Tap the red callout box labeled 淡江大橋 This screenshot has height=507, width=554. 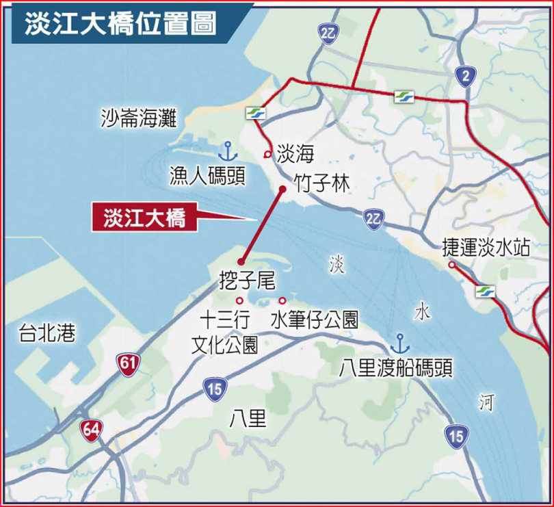click(144, 218)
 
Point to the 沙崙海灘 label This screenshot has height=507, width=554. click(138, 120)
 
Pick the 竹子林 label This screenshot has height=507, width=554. click(321, 183)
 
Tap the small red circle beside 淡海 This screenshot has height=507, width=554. click(267, 155)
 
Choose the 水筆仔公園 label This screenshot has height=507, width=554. click(315, 320)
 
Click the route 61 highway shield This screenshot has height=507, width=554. click(127, 363)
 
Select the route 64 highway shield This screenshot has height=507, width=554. click(90, 430)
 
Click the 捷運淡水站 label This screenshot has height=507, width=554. click(486, 247)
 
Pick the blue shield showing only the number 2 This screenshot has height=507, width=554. click(466, 78)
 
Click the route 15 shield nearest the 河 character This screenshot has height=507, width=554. click(454, 434)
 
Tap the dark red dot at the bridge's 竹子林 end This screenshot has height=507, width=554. click(282, 189)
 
